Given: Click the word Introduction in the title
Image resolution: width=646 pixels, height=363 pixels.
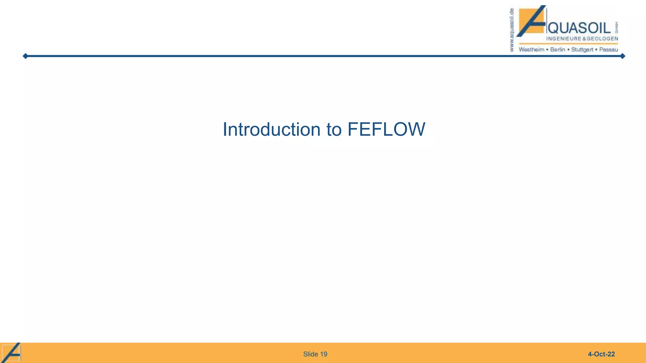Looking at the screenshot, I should pos(271,130).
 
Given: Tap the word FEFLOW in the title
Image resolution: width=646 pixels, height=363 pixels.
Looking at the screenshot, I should pos(386,130).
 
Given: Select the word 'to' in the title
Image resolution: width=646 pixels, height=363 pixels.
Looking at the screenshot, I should pos(334,130).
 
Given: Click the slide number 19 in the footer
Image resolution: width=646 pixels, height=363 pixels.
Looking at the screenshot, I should pos(324,354).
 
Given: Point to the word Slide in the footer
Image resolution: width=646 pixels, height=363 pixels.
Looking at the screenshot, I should pos(310,354).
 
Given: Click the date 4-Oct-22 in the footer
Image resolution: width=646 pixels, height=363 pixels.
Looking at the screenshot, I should pos(601,354).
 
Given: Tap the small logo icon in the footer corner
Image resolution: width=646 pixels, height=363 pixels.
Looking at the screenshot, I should pos(12,352).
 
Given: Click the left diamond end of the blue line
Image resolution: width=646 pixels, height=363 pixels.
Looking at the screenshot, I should pos(25,56).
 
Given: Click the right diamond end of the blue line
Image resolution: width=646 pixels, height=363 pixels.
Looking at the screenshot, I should pos(622,56).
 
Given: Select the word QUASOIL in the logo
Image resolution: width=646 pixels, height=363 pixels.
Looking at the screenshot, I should pos(580,29).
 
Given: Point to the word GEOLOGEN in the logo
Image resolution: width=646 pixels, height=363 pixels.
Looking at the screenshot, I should pos(602,39).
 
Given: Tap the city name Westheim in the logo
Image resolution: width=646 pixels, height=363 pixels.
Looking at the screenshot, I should pos(531,49).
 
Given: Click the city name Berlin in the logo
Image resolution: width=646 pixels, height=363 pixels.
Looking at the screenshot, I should pos(557,49).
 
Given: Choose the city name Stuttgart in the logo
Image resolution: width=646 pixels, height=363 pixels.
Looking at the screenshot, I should pos(582,49).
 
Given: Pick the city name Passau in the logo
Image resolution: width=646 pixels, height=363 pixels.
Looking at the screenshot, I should pos(608,49).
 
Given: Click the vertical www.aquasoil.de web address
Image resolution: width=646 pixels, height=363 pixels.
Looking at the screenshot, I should pos(512,30).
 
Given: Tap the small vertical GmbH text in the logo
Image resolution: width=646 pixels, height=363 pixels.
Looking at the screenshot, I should pos(616,28).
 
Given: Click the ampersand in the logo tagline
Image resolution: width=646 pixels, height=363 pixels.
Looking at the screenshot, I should pos(584,39).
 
